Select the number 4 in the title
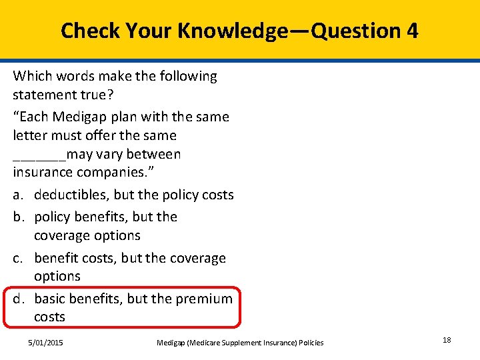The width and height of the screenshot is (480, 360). tap(411, 31)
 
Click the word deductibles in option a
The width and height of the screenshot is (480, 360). tap(71, 195)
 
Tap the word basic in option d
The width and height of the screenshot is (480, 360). tap(51, 299)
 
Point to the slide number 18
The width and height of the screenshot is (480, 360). tap(447, 340)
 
